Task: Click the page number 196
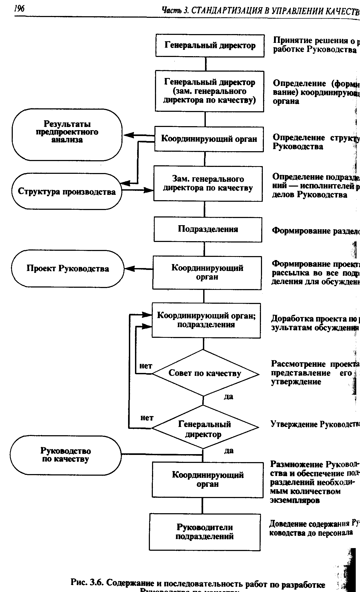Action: pos(19,9)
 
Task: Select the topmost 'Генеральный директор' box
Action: pos(210,46)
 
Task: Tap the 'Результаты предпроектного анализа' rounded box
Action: pos(67,134)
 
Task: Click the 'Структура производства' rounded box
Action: pos(67,192)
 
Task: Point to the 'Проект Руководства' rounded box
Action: pos(68,269)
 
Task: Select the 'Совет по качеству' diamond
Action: pos(204,373)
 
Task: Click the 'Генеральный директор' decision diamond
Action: pos(204,429)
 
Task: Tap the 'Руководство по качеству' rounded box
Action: pos(66,455)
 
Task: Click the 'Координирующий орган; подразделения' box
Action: pos(206,320)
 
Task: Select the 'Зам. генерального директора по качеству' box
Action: pos(208,183)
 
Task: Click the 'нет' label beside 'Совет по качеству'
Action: pos(146,366)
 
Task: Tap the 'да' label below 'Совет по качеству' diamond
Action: pos(228,397)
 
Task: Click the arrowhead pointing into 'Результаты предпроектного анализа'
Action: pos(127,135)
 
